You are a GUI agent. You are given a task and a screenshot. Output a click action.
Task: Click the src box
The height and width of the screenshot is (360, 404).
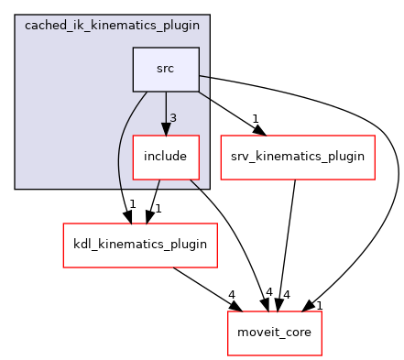(166, 70)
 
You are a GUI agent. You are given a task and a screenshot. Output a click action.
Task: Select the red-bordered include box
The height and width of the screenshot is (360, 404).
(166, 157)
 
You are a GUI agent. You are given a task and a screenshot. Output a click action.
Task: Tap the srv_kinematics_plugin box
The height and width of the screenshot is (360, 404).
(297, 157)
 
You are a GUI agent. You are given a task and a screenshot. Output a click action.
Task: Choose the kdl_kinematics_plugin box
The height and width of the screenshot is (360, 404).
(139, 245)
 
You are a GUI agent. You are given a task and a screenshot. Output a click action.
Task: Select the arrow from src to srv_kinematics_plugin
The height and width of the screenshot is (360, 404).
(229, 113)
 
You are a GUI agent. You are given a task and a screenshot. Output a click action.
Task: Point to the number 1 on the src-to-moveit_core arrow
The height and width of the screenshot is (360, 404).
(319, 305)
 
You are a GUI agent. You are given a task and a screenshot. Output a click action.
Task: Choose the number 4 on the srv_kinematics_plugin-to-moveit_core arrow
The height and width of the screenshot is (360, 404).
(287, 294)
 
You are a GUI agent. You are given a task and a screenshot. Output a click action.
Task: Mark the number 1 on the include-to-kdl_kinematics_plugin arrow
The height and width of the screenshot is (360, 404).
(159, 208)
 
